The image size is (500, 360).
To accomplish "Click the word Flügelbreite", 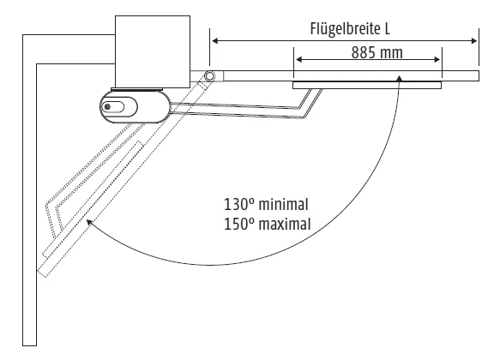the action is [345, 28].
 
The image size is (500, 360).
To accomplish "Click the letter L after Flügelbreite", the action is [387, 28].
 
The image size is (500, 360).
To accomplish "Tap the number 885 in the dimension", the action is [364, 52].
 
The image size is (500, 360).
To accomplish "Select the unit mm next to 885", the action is [392, 54].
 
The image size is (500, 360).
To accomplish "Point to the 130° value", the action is [239, 204].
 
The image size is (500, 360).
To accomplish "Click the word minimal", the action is [284, 204].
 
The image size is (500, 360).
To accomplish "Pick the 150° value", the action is [239, 224].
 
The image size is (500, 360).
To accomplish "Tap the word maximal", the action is [285, 224].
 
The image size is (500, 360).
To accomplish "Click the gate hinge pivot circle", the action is [209, 75].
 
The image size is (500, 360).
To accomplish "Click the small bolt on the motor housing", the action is [108, 107].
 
